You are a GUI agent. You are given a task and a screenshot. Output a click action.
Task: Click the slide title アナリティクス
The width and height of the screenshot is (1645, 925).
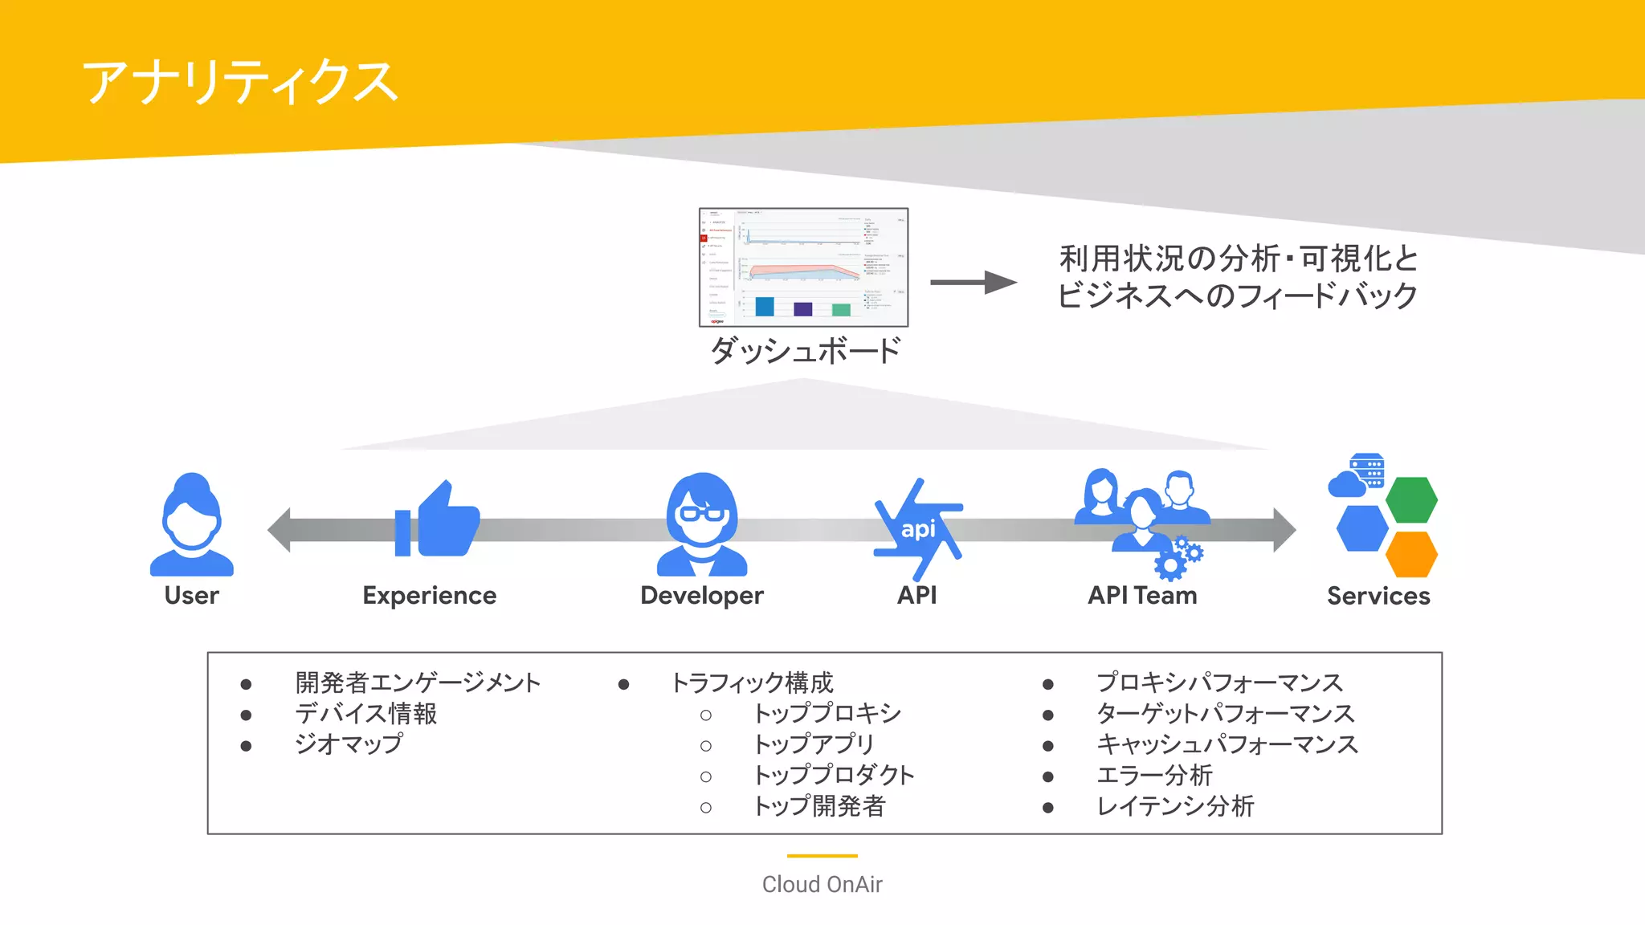[239, 82]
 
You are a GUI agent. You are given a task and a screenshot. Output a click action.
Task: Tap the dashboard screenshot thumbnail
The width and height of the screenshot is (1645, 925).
[803, 267]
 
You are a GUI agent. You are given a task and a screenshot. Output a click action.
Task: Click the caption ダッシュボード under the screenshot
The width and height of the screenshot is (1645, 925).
[805, 351]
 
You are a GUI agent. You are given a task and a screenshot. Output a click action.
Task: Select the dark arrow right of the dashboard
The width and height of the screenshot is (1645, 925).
[974, 283]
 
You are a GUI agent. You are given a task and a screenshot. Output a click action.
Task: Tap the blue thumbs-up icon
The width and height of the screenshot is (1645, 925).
[439, 520]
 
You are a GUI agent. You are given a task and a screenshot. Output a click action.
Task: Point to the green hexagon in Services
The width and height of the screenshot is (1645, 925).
[1411, 499]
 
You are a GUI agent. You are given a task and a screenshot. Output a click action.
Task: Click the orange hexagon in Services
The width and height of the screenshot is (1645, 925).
[1411, 554]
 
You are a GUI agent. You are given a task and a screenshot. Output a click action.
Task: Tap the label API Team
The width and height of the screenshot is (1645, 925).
[1141, 596]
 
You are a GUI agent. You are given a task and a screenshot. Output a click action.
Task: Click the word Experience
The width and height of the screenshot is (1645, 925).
[429, 596]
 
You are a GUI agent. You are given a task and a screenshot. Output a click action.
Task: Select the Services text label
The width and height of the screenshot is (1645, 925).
[1378, 596]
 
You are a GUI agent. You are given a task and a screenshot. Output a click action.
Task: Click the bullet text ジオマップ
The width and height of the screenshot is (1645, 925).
[349, 744]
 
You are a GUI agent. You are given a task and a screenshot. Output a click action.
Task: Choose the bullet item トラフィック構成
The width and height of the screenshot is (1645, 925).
[752, 683]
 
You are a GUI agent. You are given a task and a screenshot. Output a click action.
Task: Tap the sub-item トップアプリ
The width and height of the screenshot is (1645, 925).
[813, 744]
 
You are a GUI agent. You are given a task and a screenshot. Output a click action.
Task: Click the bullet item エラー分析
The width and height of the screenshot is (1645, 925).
[1154, 776]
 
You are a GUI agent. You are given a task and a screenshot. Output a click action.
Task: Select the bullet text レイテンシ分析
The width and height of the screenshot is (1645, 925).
[1175, 806]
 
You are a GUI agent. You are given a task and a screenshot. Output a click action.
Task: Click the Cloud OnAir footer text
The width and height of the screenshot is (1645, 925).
[822, 884]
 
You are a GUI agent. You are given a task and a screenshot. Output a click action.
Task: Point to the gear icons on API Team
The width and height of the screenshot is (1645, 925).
[1178, 559]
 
